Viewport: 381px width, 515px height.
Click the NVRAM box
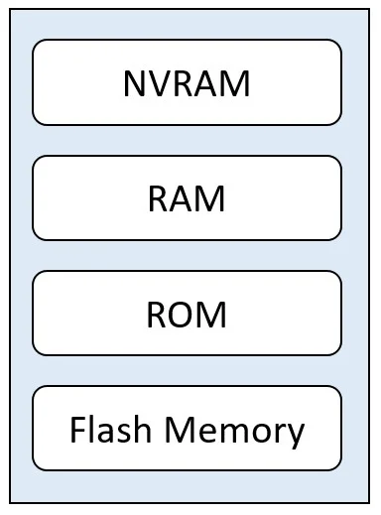[187, 82]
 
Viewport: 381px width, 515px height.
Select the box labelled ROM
[187, 313]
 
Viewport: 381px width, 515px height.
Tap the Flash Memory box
[187, 428]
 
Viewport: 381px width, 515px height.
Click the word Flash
[111, 430]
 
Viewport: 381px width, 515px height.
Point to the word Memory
[234, 433]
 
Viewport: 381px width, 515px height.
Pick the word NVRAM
[187, 83]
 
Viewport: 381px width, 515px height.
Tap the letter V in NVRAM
[160, 83]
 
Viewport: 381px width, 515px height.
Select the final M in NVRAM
[236, 83]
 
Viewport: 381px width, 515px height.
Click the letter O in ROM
[184, 315]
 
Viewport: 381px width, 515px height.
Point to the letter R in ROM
[157, 315]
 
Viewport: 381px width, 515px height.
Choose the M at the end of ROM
[212, 315]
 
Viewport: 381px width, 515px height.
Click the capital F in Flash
[78, 430]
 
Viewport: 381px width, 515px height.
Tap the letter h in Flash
[143, 429]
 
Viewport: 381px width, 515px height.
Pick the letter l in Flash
[92, 429]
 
